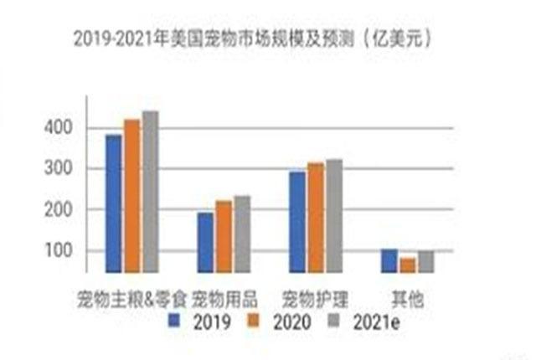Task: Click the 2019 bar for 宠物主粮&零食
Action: pos(113,203)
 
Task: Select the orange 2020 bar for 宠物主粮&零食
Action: pos(131,195)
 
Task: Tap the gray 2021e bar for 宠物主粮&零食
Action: pos(150,191)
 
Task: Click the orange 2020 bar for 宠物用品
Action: pos(224,235)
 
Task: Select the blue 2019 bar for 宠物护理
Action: pos(297,221)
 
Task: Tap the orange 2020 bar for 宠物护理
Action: pos(316,217)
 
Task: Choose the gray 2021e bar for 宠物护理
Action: pos(334,215)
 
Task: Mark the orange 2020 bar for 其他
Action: pos(408,264)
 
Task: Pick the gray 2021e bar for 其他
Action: pos(426,260)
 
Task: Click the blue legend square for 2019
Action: pos(174,319)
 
